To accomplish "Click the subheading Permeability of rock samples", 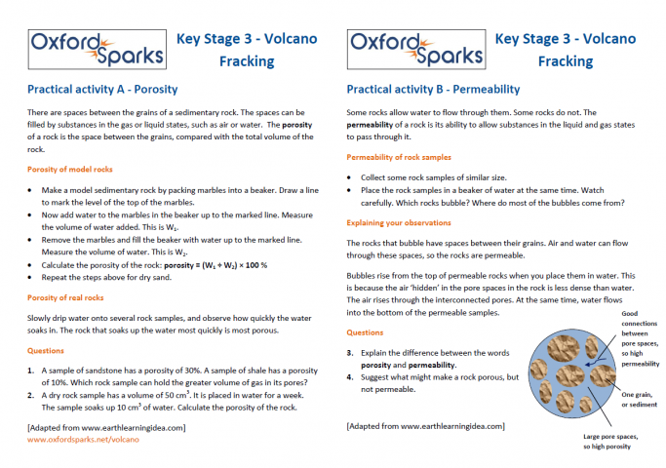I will [x=399, y=157].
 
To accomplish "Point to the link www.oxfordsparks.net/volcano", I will [x=83, y=440].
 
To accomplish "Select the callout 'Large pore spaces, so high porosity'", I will [x=602, y=442].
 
